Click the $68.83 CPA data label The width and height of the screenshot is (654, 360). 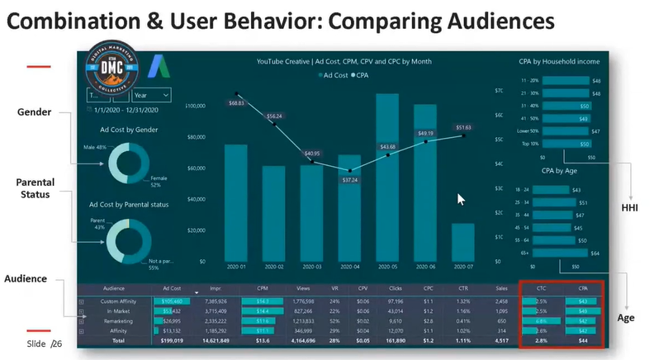point(236,103)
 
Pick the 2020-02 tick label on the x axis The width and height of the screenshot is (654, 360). point(274,266)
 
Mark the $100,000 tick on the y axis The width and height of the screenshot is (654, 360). point(195,107)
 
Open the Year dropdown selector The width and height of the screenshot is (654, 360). point(151,95)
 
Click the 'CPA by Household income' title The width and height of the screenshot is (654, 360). point(559,62)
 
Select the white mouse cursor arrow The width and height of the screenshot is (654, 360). point(462,199)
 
